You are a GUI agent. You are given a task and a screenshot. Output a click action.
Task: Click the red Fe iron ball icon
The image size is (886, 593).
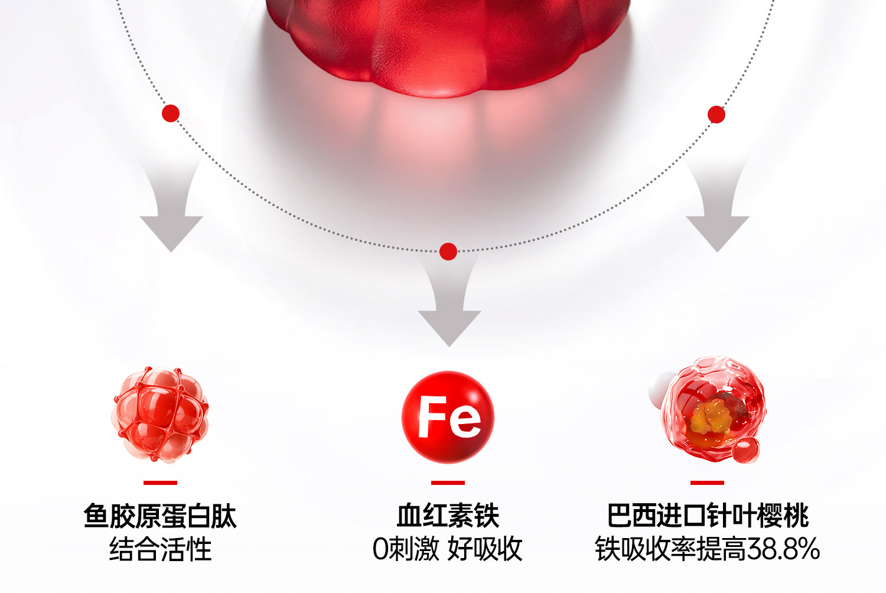(x=448, y=417)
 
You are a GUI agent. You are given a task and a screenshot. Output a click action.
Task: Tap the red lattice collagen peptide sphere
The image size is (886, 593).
(x=160, y=413)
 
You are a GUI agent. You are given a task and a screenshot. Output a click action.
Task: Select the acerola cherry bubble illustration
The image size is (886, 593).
(x=712, y=410)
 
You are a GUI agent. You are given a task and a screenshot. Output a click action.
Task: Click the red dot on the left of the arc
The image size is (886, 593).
(x=171, y=113)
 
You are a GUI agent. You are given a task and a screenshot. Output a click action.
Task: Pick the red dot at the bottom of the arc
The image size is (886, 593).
(x=448, y=252)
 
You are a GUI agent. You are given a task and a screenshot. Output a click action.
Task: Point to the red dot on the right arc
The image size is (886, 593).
(x=716, y=115)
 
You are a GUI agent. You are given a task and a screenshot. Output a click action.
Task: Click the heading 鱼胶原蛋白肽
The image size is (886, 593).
(x=160, y=516)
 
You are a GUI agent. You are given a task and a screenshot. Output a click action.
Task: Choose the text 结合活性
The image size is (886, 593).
(x=160, y=549)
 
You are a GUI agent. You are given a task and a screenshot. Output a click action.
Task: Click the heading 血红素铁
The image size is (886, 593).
(x=448, y=516)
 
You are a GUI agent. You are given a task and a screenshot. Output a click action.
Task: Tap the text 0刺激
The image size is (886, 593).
(x=406, y=549)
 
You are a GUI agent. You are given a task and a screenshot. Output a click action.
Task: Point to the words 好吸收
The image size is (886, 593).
(x=485, y=549)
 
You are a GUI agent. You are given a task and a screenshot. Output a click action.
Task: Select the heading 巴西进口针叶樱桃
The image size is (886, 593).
(x=708, y=516)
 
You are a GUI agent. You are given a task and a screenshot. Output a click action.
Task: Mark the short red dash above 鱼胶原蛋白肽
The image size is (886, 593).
(x=160, y=483)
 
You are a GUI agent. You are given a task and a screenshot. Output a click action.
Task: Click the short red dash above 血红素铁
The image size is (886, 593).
(x=448, y=483)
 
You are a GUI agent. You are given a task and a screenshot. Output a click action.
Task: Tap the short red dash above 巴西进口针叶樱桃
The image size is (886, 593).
(x=707, y=483)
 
